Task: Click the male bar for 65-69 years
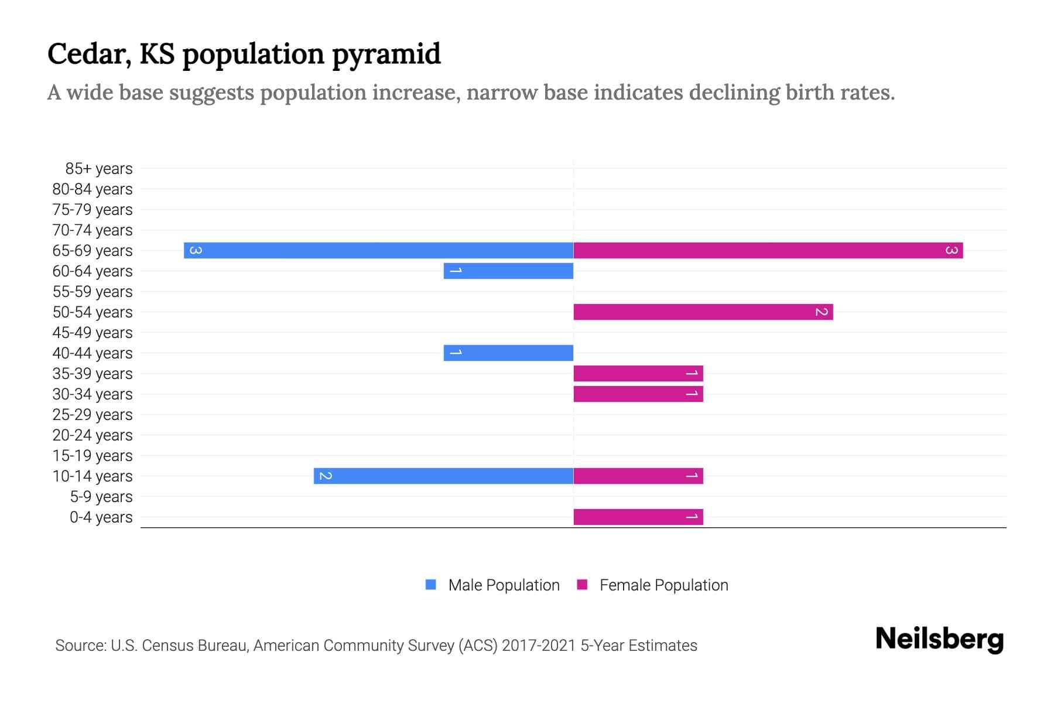378,250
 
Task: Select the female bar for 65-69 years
768,250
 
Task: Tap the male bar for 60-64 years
508,271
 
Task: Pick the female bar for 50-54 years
703,312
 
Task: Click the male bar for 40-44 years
508,353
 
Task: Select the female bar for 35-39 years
638,373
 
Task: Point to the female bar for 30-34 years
638,394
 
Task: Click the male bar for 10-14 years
443,476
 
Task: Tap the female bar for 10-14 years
638,476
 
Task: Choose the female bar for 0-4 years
638,517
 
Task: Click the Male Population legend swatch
431,585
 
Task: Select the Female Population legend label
663,585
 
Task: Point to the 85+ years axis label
99,169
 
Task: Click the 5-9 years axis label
101,497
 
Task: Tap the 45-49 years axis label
93,333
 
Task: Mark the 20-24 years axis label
93,435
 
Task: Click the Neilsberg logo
939,639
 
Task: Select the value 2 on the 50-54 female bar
822,312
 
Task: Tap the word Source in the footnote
80,646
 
